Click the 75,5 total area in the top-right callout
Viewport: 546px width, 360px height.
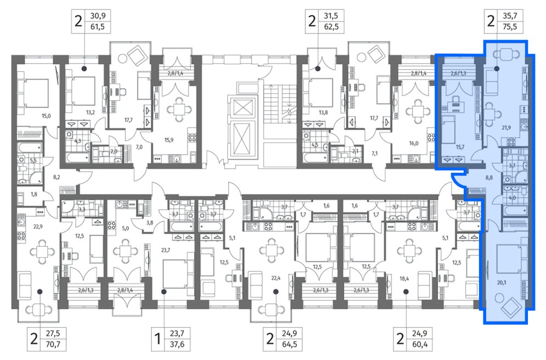pyautogui.click(x=510, y=27)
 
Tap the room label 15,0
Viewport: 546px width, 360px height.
pyautogui.click(x=46, y=116)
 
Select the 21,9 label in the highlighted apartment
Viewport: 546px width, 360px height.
pyautogui.click(x=506, y=128)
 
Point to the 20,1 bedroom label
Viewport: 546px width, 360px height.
pyautogui.click(x=502, y=283)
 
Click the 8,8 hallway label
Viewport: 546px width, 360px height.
pyautogui.click(x=489, y=178)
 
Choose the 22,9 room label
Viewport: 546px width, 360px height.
pyautogui.click(x=38, y=227)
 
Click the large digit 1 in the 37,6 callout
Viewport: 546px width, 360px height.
pyautogui.click(x=157, y=339)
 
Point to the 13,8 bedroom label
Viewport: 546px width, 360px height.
pyautogui.click(x=323, y=113)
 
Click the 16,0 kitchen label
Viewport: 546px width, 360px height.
pyautogui.click(x=414, y=143)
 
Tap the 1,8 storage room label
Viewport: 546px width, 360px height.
pyautogui.click(x=34, y=194)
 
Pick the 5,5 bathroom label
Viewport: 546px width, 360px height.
pyautogui.click(x=33, y=160)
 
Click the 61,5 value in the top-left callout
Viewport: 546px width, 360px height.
pyautogui.click(x=98, y=27)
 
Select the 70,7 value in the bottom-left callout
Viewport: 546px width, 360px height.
pyautogui.click(x=53, y=344)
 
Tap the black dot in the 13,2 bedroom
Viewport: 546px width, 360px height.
pyautogui.click(x=84, y=69)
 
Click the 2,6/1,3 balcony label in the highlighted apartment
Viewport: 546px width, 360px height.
pyautogui.click(x=458, y=74)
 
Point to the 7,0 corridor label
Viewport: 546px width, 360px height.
pyautogui.click(x=139, y=147)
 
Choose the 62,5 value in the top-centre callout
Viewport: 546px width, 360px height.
pyautogui.click(x=331, y=27)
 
